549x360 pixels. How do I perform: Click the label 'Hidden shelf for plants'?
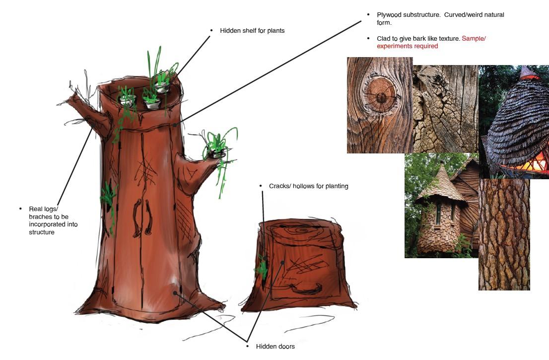pos(252,31)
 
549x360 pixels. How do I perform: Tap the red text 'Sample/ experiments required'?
pos(431,42)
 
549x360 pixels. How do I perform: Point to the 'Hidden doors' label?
pos(275,346)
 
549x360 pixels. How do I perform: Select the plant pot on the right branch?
pos(218,154)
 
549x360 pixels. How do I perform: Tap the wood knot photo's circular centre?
pos(381,96)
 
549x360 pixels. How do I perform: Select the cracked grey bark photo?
pos(445,109)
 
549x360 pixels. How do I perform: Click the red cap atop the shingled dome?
pos(529,73)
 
